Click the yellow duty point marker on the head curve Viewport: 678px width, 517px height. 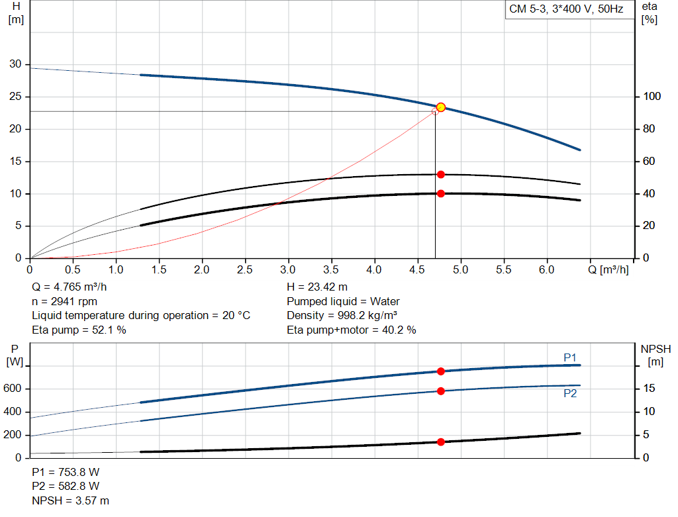(x=440, y=107)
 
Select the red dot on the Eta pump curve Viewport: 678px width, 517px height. (x=440, y=174)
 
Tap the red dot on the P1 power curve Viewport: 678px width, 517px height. (x=440, y=371)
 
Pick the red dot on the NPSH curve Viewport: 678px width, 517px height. (x=440, y=442)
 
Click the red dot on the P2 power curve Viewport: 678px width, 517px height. (x=440, y=391)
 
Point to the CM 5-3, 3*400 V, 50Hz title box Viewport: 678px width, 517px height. (x=566, y=10)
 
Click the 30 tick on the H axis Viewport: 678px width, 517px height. (x=15, y=64)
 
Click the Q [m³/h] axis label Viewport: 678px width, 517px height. (x=608, y=270)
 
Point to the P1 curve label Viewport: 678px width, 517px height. (x=570, y=357)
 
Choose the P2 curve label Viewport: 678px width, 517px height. (x=570, y=393)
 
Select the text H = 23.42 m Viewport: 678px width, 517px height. (x=317, y=287)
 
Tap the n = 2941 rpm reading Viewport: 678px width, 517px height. (x=65, y=301)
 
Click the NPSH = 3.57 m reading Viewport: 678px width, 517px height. (x=71, y=500)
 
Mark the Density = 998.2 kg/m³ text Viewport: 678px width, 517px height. (x=342, y=315)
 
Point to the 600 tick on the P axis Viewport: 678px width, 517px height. (x=13, y=389)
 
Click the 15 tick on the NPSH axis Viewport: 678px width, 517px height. (x=650, y=389)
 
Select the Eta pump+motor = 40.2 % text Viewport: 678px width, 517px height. (x=352, y=330)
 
